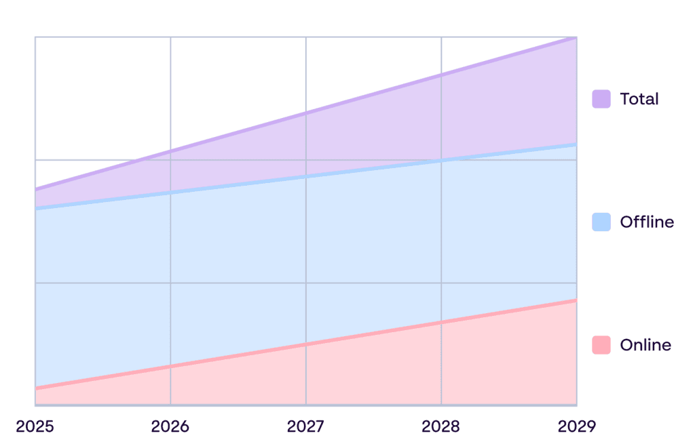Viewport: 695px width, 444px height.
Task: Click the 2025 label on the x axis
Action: pyautogui.click(x=35, y=426)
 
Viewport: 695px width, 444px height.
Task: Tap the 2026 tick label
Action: pyautogui.click(x=170, y=426)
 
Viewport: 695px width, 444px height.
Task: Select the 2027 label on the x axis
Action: pyautogui.click(x=306, y=426)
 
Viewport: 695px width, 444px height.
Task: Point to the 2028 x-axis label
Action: pyautogui.click(x=441, y=426)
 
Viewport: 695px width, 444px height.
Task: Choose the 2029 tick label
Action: pyautogui.click(x=576, y=426)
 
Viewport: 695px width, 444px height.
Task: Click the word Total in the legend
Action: pyautogui.click(x=639, y=99)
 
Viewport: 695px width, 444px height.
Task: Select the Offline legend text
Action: pyautogui.click(x=647, y=222)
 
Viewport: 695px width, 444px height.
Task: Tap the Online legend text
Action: pyautogui.click(x=645, y=345)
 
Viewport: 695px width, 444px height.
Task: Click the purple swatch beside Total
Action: pyautogui.click(x=601, y=99)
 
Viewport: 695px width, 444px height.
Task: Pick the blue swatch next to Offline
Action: pyautogui.click(x=601, y=222)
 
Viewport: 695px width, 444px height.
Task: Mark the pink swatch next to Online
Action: pyautogui.click(x=601, y=345)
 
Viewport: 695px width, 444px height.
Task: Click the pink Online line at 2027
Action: pyautogui.click(x=306, y=344)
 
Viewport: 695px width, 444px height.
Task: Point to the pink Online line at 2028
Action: pyautogui.click(x=441, y=322)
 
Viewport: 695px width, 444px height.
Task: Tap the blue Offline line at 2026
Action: pyautogui.click(x=170, y=193)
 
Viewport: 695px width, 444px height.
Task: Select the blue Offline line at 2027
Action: pyautogui.click(x=306, y=177)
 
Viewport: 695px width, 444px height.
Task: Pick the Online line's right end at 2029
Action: pyautogui.click(x=576, y=300)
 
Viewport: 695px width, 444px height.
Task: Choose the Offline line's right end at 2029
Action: pyautogui.click(x=576, y=144)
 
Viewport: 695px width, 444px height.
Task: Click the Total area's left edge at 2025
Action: pyautogui.click(x=36, y=197)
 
